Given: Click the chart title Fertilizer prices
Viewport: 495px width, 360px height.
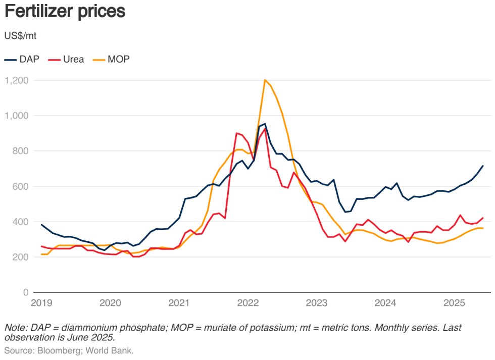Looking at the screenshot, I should [65, 12].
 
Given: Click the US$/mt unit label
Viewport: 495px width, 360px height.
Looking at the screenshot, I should [20, 36].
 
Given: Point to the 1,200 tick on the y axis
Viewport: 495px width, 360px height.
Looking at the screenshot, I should [17, 80].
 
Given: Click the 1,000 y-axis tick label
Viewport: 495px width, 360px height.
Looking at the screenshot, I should [17, 116].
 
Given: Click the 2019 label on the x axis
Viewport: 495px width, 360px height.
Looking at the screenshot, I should [41, 303].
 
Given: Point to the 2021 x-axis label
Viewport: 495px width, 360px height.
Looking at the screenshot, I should [179, 303].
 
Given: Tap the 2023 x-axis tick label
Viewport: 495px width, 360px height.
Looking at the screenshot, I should [317, 303].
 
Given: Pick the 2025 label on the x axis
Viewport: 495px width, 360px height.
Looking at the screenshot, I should [454, 303].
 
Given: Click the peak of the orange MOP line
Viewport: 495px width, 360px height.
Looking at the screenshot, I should [265, 80].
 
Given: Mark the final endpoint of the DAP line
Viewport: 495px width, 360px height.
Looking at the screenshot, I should [482, 166].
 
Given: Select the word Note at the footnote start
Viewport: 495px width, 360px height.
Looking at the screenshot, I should [15, 328].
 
